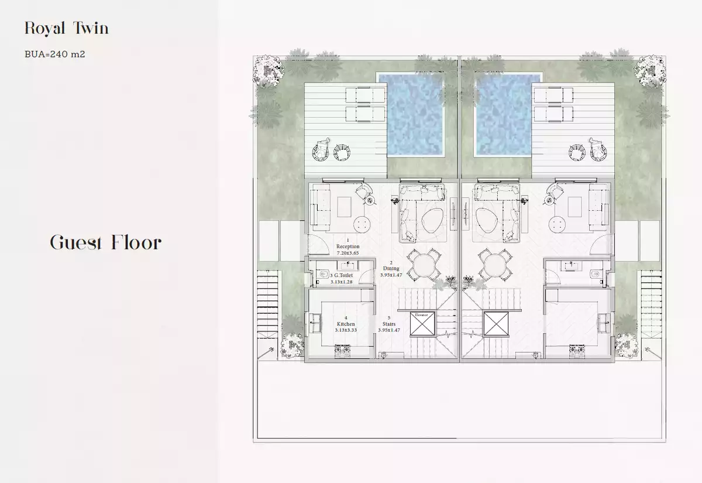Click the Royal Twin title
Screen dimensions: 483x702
point(66,28)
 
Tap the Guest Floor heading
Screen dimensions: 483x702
point(105,242)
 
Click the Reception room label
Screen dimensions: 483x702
point(348,247)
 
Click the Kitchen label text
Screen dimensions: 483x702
point(346,324)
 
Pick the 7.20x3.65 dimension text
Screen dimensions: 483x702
point(348,254)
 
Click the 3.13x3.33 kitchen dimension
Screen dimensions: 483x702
point(346,330)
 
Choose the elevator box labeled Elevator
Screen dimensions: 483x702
point(422,324)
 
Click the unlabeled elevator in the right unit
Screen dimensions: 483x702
point(497,324)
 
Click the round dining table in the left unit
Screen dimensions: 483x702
point(422,266)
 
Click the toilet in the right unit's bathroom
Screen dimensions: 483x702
point(594,275)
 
